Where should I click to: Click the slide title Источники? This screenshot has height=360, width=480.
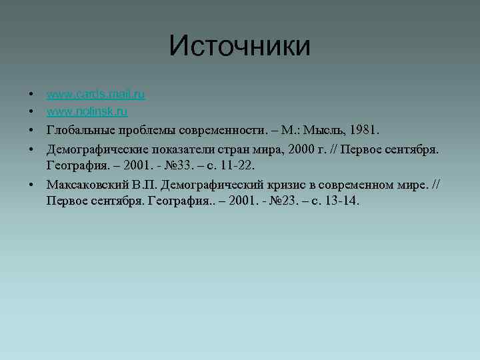click(239, 46)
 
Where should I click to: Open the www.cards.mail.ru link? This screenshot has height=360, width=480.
click(96, 94)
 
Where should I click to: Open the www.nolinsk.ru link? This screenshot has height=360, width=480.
click(87, 111)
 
